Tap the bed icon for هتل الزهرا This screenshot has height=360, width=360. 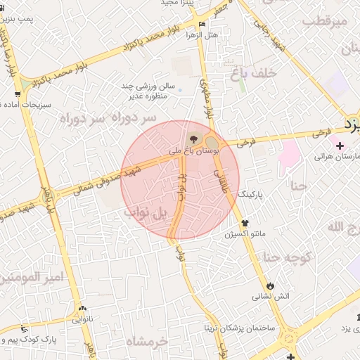202,24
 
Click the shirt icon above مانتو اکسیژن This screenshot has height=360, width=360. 245,223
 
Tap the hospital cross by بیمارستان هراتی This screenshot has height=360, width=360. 340,146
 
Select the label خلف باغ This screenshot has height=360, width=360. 251,71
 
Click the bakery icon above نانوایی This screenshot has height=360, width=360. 83,309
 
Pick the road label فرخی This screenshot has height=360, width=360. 245,141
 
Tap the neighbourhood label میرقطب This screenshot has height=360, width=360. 326,22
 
